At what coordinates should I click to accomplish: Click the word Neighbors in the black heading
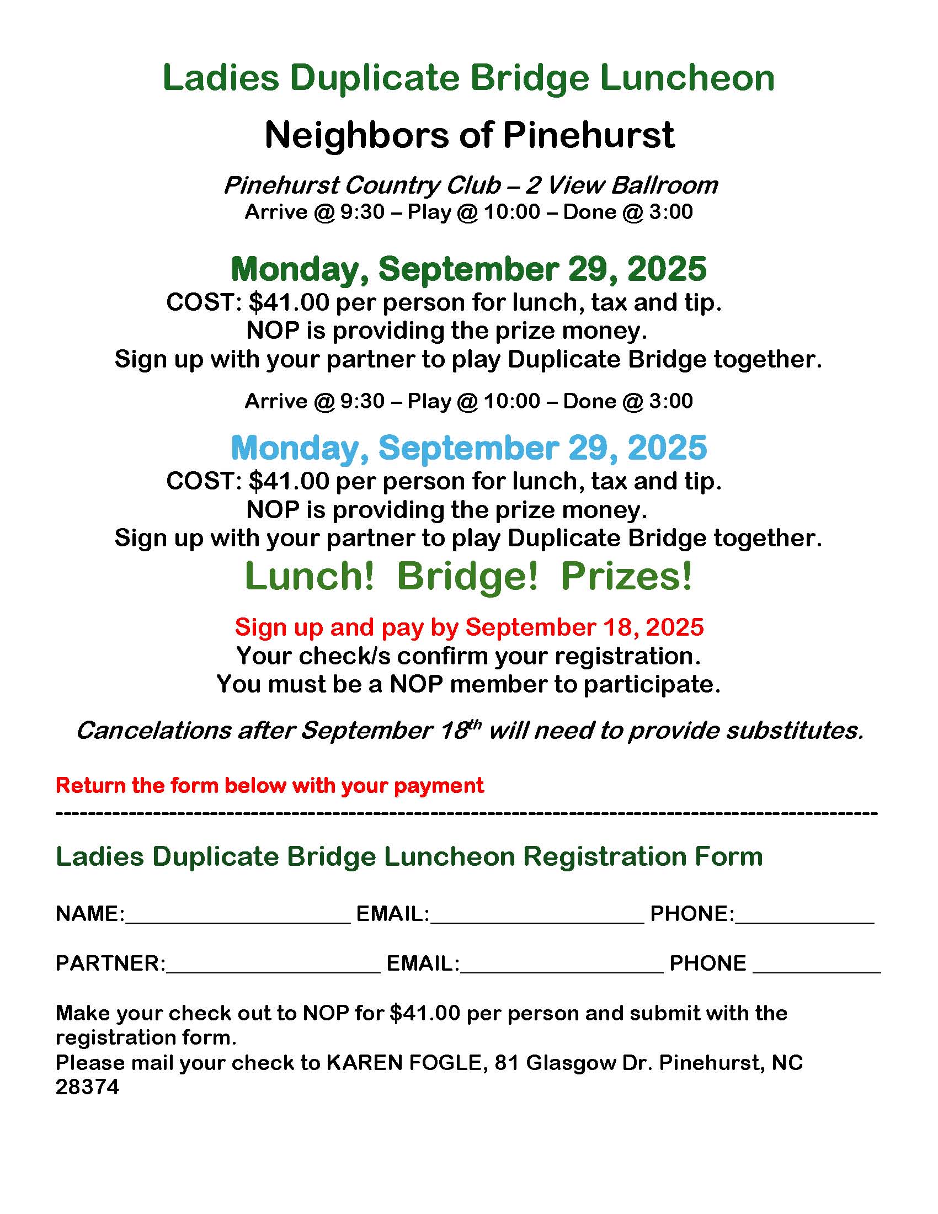click(356, 135)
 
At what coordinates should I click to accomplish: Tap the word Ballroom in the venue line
click(664, 185)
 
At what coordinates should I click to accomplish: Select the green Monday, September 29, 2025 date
click(468, 269)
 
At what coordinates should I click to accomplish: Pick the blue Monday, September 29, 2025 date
click(468, 448)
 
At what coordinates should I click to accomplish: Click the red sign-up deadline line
click(468, 627)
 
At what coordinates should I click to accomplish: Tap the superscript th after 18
click(475, 725)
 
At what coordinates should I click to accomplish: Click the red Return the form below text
click(269, 785)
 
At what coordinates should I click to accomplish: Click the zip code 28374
click(87, 1087)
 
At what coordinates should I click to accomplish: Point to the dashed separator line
click(467, 814)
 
